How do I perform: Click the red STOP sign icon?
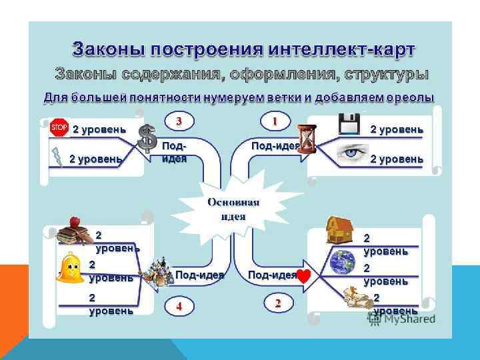pos(59,127)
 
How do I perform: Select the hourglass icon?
pos(307,138)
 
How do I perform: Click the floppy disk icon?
pos(349,124)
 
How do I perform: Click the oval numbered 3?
pos(179,121)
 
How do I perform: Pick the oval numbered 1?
pos(274,121)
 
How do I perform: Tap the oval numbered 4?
pos(179,306)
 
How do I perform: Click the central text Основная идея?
pos(233,209)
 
